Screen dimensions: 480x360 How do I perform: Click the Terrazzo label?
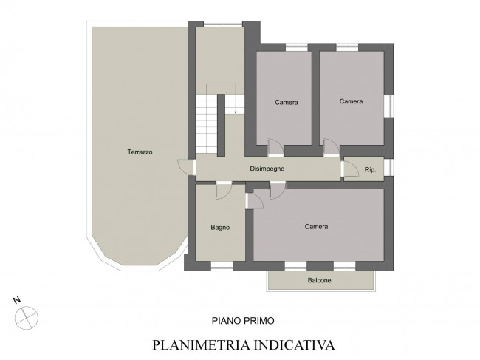pyautogui.click(x=140, y=152)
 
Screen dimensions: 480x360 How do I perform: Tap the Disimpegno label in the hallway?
pyautogui.click(x=267, y=169)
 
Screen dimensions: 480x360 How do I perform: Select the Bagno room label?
pyautogui.click(x=220, y=228)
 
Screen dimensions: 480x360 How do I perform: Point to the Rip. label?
pyautogui.click(x=370, y=169)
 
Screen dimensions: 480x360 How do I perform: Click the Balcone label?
pyautogui.click(x=319, y=280)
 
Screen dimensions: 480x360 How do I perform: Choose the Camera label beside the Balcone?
pyautogui.click(x=316, y=227)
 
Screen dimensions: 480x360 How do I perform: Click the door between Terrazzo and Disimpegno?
pyautogui.click(x=186, y=167)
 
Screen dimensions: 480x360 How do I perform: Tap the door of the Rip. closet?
pyautogui.click(x=351, y=169)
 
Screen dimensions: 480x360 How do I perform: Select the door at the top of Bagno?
pyautogui.click(x=224, y=191)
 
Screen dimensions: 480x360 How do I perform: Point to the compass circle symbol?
pyautogui.click(x=27, y=318)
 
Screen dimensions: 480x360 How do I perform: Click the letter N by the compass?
pyautogui.click(x=17, y=300)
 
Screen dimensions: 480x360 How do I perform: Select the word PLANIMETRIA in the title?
pyautogui.click(x=202, y=344)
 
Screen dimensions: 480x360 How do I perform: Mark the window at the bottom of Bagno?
pyautogui.click(x=222, y=266)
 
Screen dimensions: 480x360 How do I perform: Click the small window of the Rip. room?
pyautogui.click(x=388, y=167)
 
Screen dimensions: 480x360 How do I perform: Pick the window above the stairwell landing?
pyautogui.click(x=223, y=24)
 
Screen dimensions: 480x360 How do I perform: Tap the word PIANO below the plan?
pyautogui.click(x=226, y=321)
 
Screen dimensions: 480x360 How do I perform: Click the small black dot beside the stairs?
pyautogui.click(x=236, y=112)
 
